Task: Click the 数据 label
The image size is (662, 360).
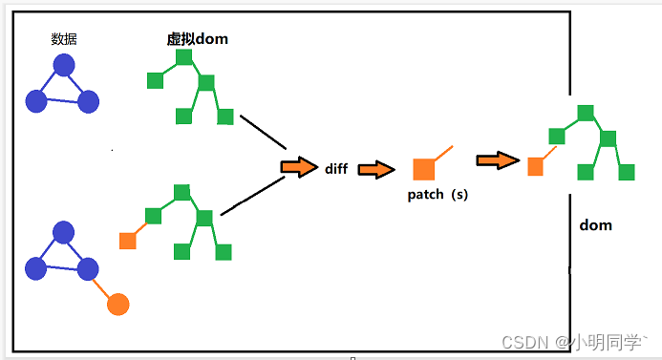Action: [64, 39]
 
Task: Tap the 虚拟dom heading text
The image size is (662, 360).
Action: [197, 39]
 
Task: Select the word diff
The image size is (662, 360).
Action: [335, 168]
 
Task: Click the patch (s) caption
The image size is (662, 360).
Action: [438, 194]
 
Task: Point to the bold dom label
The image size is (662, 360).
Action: [595, 225]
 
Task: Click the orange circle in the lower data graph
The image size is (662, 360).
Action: [117, 304]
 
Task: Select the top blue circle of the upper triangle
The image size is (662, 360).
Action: [64, 65]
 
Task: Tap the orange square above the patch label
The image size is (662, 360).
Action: [423, 169]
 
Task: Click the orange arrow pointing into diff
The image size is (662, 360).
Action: [299, 167]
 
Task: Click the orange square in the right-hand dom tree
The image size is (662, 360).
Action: [536, 166]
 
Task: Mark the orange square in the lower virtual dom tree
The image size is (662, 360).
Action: [127, 240]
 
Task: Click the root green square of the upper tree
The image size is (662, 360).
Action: [184, 57]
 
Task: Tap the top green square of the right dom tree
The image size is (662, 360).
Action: [586, 113]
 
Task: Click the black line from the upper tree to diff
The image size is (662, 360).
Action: [264, 132]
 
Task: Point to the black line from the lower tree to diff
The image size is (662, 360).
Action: [253, 197]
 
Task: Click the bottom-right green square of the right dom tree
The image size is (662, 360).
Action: [627, 172]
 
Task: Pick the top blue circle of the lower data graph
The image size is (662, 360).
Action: [64, 232]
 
